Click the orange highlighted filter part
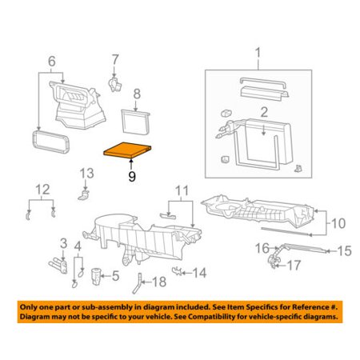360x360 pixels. click(127, 150)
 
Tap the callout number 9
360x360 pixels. click(132, 176)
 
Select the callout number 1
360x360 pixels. click(258, 53)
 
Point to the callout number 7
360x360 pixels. click(115, 59)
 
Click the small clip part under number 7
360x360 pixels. click(114, 84)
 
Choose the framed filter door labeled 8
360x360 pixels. click(135, 122)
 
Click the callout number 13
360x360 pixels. click(86, 174)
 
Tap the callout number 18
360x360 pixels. click(159, 282)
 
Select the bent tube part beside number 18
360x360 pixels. click(138, 283)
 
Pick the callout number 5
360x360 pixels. click(115, 276)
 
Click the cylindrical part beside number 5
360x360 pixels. click(96, 277)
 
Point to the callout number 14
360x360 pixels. click(199, 273)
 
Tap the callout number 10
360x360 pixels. click(338, 223)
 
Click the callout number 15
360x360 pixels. click(344, 251)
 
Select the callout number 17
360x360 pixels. click(294, 266)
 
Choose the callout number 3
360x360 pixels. click(63, 243)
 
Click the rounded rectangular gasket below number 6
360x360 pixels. click(50, 142)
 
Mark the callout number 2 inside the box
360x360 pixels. click(264, 112)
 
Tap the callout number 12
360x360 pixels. click(42, 190)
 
